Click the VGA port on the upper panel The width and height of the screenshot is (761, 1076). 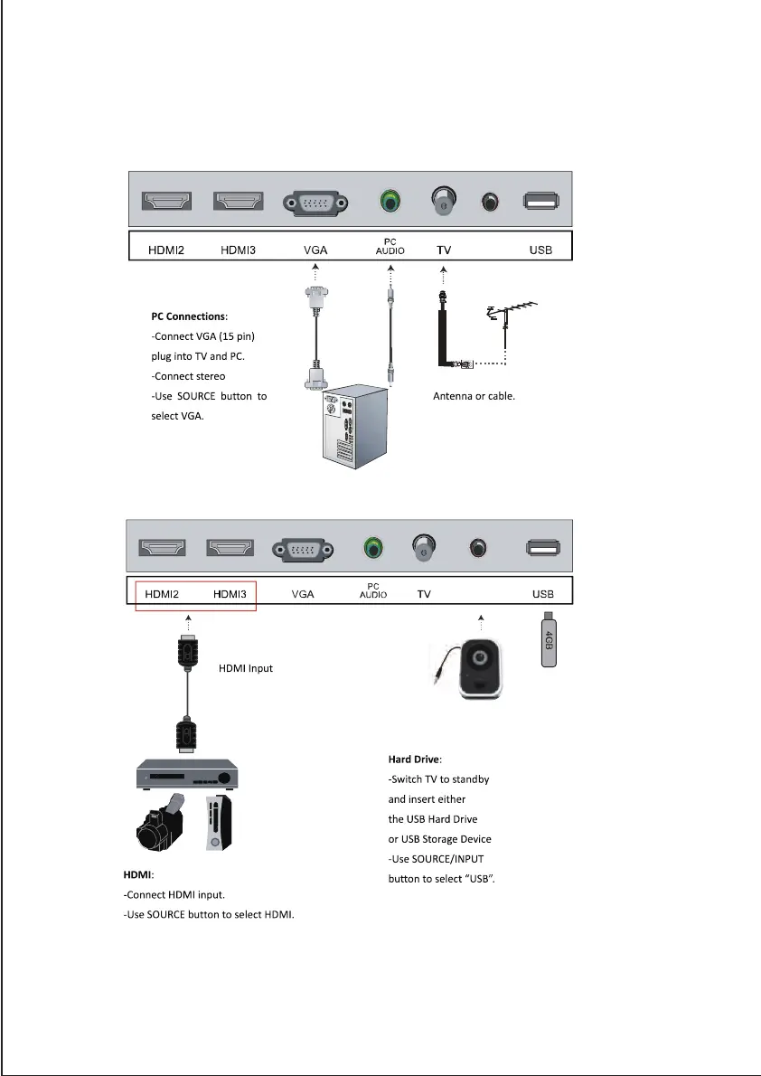coord(315,203)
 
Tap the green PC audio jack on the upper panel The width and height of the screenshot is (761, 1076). coord(390,202)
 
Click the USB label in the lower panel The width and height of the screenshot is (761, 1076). coord(542,595)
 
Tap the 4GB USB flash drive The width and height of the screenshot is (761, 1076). coord(548,640)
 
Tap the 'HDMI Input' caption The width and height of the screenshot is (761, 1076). coord(246,669)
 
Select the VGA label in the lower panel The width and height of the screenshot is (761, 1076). coord(303,595)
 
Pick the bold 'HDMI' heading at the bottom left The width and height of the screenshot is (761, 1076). coord(138,875)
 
